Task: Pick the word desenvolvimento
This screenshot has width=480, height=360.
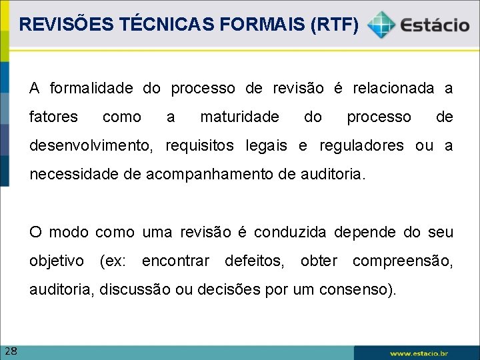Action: tap(93, 146)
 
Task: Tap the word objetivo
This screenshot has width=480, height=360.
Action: tap(57, 261)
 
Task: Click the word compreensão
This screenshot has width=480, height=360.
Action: tap(402, 261)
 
